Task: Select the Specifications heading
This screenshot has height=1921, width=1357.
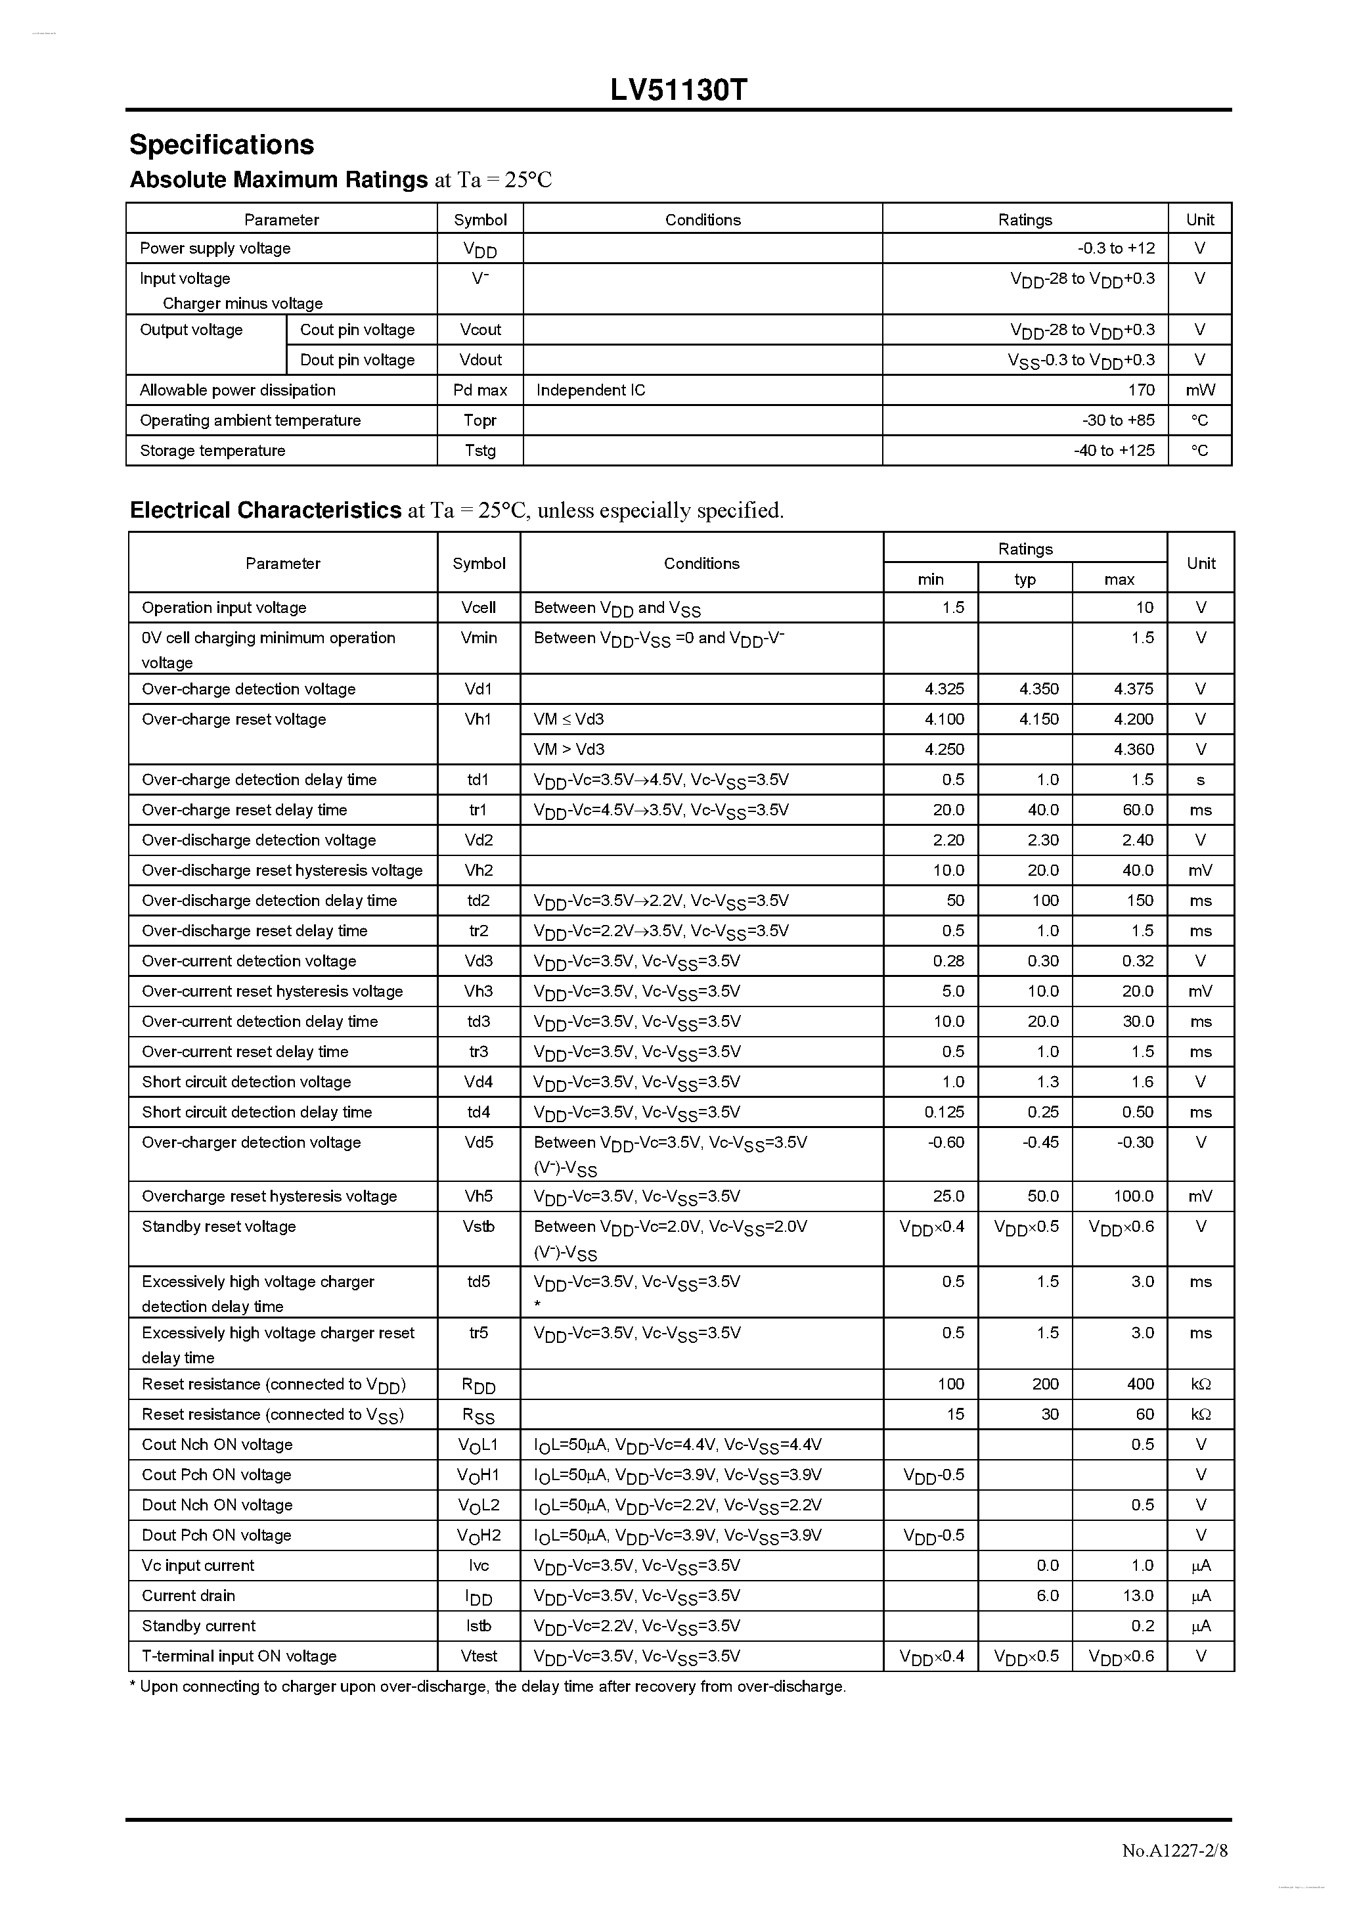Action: point(222,145)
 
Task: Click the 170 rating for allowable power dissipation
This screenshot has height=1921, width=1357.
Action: point(1140,390)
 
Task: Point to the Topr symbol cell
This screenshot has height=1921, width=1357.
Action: point(480,420)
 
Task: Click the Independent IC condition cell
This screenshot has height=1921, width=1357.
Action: point(590,390)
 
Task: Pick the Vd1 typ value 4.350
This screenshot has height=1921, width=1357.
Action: point(1038,689)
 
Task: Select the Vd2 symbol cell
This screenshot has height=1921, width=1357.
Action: point(479,840)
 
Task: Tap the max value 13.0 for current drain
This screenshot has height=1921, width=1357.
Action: point(1138,1596)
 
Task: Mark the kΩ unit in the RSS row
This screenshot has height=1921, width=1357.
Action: point(1201,1414)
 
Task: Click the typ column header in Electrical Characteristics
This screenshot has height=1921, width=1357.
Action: point(1025,579)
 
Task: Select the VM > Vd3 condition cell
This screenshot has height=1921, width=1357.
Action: point(569,749)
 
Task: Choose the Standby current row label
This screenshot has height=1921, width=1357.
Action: point(198,1625)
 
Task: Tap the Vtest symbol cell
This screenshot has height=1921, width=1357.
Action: point(479,1656)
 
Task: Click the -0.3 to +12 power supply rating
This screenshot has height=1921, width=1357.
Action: point(1116,248)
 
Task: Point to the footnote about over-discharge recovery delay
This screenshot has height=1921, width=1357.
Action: point(488,1686)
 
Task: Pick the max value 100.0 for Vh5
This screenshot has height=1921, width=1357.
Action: point(1133,1196)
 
